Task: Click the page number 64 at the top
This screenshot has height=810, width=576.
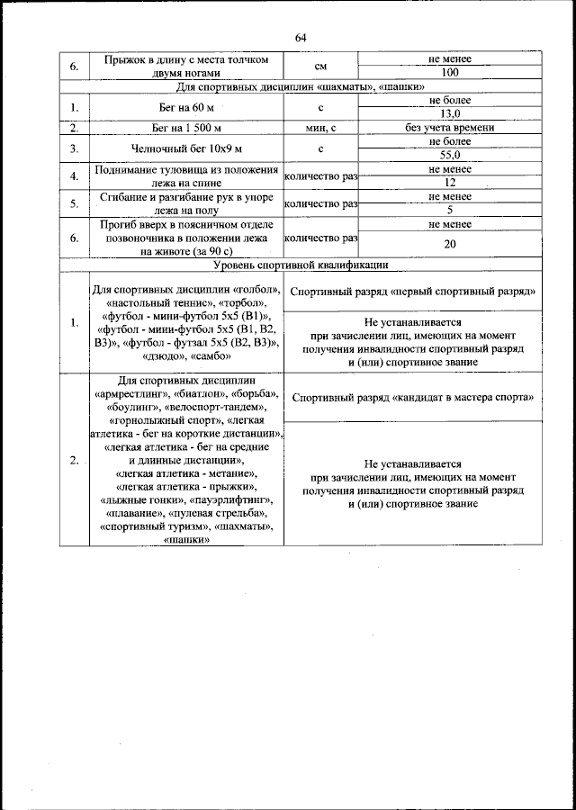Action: (x=301, y=37)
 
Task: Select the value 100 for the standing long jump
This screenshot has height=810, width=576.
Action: (x=450, y=72)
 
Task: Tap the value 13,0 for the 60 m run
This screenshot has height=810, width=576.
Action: (x=450, y=114)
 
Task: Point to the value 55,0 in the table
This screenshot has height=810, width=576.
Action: (x=450, y=155)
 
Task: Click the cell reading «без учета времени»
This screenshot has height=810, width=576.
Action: (x=450, y=128)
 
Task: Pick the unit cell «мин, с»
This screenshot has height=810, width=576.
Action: (x=320, y=128)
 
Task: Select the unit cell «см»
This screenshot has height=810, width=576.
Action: (x=320, y=66)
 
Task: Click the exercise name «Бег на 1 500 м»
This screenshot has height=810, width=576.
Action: (x=185, y=128)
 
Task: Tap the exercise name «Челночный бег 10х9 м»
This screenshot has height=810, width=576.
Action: (x=185, y=148)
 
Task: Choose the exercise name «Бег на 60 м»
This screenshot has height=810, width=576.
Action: (x=185, y=108)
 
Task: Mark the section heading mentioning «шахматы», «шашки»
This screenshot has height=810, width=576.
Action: (x=301, y=86)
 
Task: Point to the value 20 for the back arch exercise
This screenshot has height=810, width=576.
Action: (x=450, y=244)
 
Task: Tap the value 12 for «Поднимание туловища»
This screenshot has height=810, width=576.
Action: (x=450, y=182)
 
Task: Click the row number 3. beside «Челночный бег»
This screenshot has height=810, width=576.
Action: (x=75, y=148)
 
